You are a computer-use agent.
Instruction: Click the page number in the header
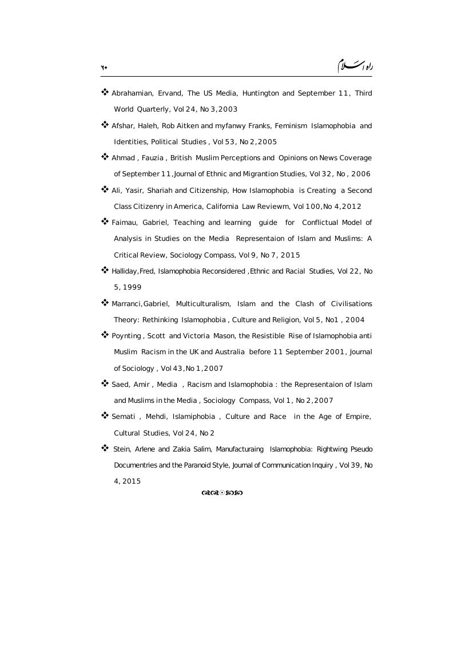point(104,68)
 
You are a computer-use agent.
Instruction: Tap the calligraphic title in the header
point(355,65)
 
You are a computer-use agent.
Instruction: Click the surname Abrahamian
point(132,93)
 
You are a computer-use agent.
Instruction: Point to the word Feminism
point(292,126)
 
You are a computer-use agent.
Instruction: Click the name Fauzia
point(152,158)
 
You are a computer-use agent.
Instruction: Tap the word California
point(221,207)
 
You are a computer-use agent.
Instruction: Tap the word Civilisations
point(351,304)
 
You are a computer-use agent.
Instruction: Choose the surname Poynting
point(126,336)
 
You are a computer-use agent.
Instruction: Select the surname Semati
point(124,417)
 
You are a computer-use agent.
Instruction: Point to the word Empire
point(358,417)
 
